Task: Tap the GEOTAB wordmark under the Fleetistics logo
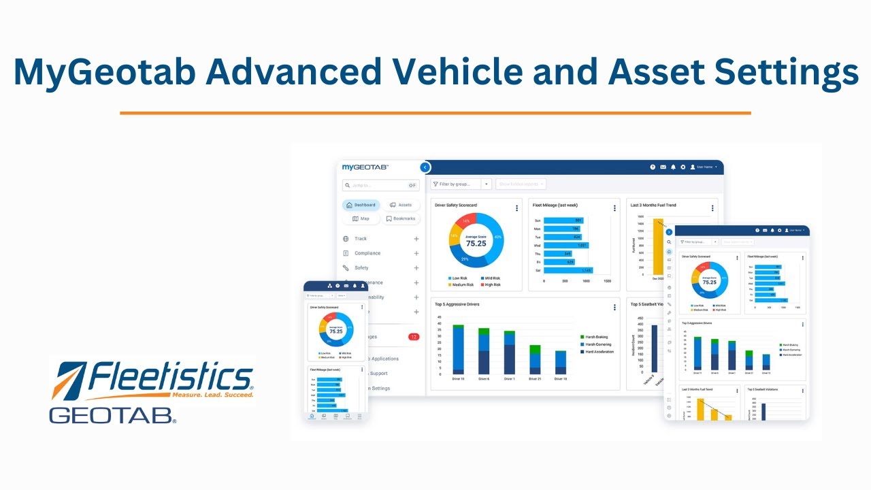[x=112, y=414]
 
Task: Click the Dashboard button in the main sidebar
[x=361, y=205]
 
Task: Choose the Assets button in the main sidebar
[x=401, y=205]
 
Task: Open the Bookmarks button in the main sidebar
[x=400, y=218]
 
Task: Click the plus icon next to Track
[x=416, y=239]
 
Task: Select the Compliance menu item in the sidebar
[x=367, y=253]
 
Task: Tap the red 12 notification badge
[x=414, y=337]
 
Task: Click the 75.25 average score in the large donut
[x=476, y=242]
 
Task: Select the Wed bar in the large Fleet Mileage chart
[x=566, y=245]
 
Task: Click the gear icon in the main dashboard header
[x=683, y=167]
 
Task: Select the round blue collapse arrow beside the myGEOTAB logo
[x=425, y=167]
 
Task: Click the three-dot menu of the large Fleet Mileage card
[x=614, y=208]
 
